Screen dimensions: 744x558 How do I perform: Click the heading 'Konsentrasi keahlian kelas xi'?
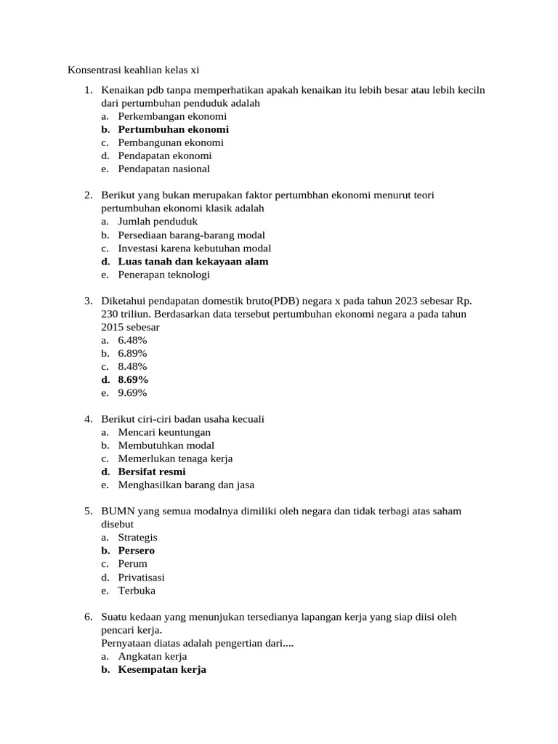tap(133, 70)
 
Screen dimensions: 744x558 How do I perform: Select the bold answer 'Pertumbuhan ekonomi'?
tap(173, 129)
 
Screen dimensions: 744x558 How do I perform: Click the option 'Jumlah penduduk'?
tap(157, 222)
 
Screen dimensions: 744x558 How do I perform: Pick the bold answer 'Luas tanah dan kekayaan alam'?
tap(193, 262)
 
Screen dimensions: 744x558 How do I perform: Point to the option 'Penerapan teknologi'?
tap(163, 275)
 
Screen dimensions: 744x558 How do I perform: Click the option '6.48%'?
tap(132, 340)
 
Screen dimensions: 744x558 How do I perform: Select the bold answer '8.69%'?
tap(133, 379)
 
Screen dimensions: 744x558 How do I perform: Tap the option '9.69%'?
tap(132, 393)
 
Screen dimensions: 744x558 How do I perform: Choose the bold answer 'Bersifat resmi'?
tap(151, 472)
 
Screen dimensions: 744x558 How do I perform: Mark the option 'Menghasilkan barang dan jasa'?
tap(186, 485)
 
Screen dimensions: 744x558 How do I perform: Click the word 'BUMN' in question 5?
tap(117, 511)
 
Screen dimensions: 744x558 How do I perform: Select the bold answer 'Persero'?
tap(136, 550)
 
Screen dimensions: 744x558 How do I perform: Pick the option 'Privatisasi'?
tap(141, 577)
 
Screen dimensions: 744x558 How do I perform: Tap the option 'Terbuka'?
tap(137, 590)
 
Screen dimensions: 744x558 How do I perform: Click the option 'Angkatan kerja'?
tap(153, 656)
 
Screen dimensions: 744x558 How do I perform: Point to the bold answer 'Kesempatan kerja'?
tap(162, 669)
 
